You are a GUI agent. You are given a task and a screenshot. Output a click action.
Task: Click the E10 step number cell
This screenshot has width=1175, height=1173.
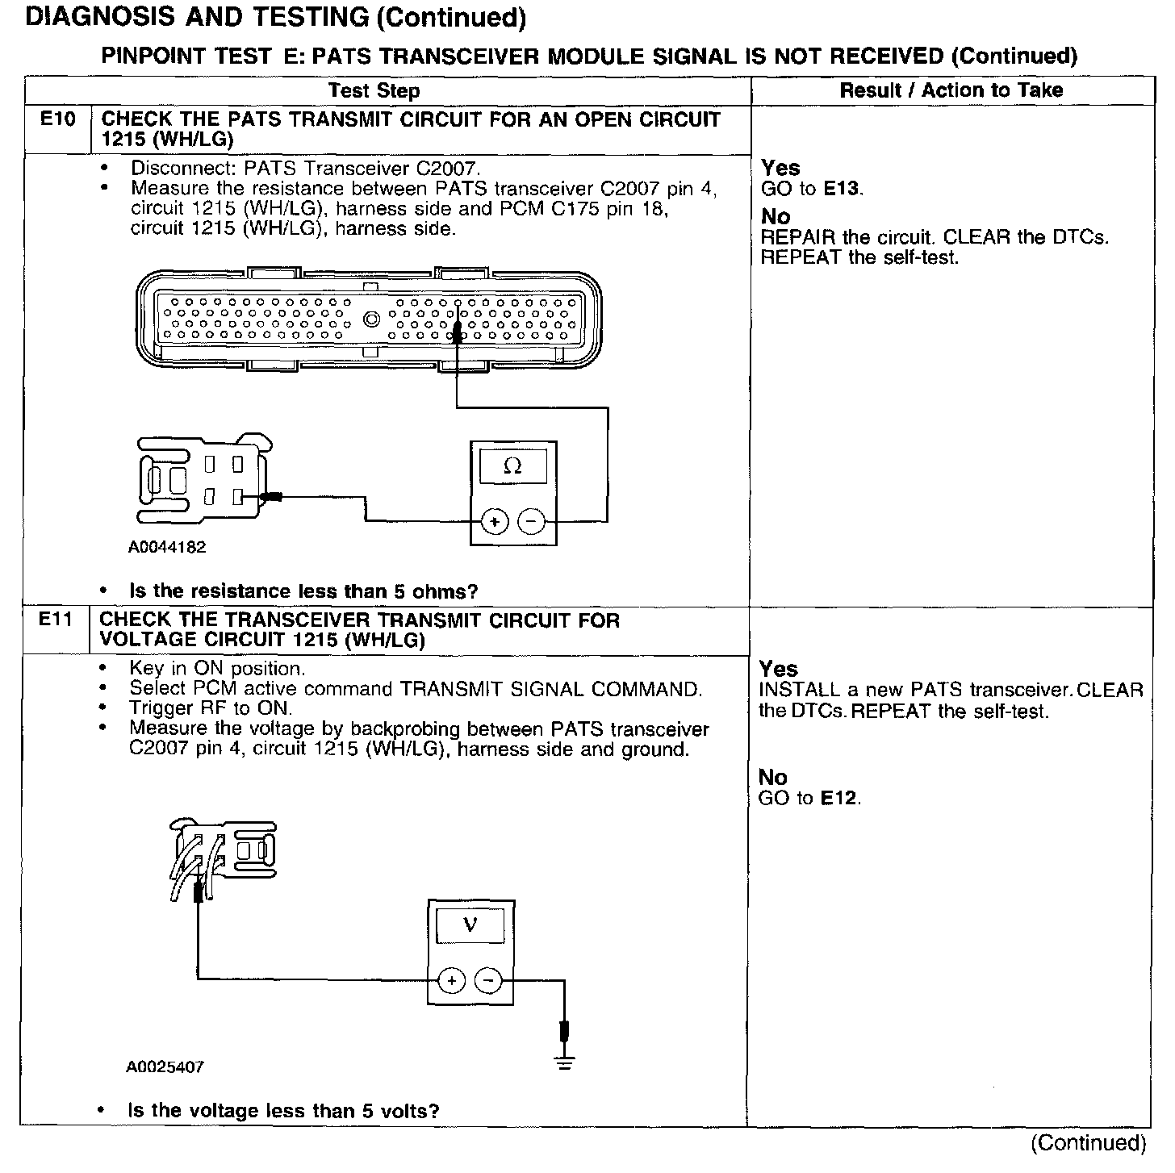pyautogui.click(x=58, y=120)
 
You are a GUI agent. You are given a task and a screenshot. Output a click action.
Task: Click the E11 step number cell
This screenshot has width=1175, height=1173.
pyautogui.click(x=56, y=620)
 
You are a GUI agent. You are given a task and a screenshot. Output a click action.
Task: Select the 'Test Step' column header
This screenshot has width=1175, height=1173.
pyautogui.click(x=374, y=90)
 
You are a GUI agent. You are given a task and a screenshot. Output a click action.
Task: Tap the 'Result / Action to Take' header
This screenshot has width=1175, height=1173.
pyautogui.click(x=951, y=90)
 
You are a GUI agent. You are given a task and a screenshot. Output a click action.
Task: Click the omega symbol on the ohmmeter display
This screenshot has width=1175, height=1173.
pyautogui.click(x=512, y=466)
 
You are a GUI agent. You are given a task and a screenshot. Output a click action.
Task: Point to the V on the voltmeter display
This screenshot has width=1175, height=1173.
pyautogui.click(x=470, y=925)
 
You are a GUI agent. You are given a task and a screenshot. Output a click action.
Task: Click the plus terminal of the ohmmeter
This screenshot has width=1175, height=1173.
pyautogui.click(x=494, y=522)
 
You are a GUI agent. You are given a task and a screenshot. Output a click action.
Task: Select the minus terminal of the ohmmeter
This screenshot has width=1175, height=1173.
pyautogui.click(x=531, y=522)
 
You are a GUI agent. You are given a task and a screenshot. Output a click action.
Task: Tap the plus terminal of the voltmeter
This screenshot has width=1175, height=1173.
pyautogui.click(x=452, y=981)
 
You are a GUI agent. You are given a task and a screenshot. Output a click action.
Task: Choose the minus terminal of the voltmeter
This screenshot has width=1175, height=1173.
pyautogui.click(x=488, y=981)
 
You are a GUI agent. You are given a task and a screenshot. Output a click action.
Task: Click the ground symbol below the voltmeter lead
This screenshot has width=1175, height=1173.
pyautogui.click(x=564, y=1063)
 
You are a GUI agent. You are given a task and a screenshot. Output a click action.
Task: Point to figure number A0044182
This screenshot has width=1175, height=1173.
pyautogui.click(x=167, y=547)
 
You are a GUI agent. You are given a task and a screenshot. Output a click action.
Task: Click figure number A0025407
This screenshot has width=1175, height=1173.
pyautogui.click(x=165, y=1067)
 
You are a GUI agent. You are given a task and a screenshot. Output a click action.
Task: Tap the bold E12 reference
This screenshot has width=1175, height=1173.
pyautogui.click(x=839, y=799)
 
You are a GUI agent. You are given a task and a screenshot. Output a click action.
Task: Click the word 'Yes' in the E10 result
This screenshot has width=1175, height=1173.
pyautogui.click(x=780, y=168)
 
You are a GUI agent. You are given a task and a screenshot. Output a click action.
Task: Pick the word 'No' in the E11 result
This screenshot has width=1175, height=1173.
pyautogui.click(x=773, y=777)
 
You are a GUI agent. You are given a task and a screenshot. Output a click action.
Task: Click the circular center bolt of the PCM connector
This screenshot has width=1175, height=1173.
pyautogui.click(x=372, y=319)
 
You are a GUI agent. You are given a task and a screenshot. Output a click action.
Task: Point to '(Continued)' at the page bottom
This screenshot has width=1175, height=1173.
pyautogui.click(x=1089, y=1142)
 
